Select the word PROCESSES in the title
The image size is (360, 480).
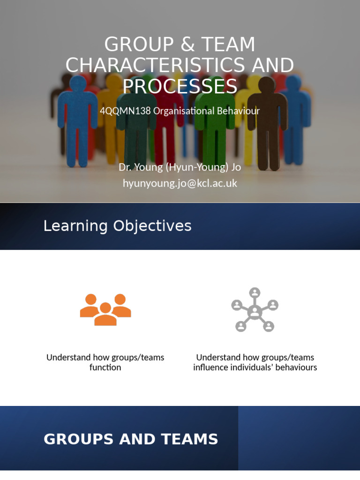180,86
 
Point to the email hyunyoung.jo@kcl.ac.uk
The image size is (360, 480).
180,183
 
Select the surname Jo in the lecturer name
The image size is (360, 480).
234,167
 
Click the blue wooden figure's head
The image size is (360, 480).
77,85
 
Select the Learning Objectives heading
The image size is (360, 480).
117,226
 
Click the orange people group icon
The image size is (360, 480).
105,309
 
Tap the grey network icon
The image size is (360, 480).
255,310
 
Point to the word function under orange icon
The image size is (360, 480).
105,367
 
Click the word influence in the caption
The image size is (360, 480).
210,367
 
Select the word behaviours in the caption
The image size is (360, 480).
296,367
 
